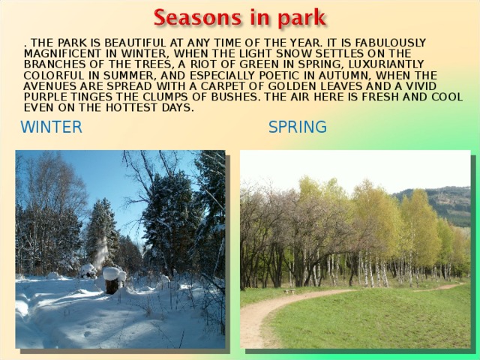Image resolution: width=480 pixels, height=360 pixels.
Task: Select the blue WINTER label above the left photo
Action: [x=52, y=127]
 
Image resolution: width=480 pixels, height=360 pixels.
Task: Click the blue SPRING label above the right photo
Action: [x=298, y=127]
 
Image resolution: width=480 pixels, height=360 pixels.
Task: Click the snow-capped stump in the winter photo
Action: [x=112, y=279]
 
